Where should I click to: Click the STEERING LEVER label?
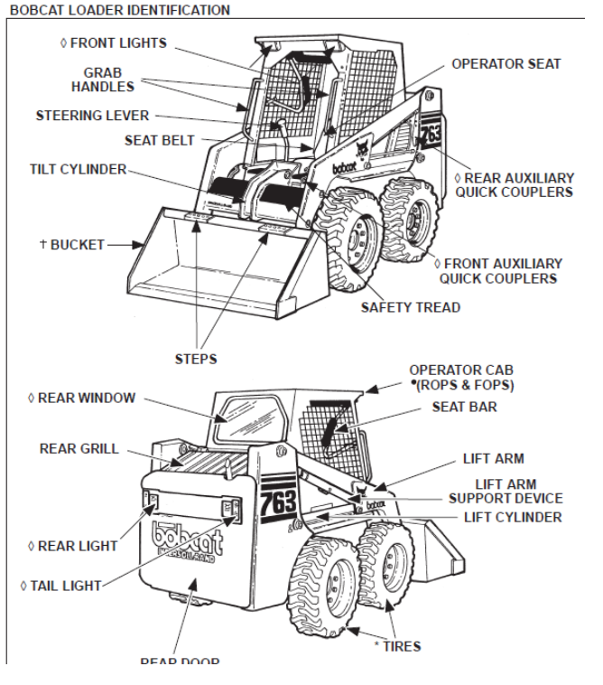tap(92, 116)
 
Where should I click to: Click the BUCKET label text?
tap(68, 244)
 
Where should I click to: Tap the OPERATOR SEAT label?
tap(506, 64)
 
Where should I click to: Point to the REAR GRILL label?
tap(79, 447)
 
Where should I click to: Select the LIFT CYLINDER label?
tap(512, 517)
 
